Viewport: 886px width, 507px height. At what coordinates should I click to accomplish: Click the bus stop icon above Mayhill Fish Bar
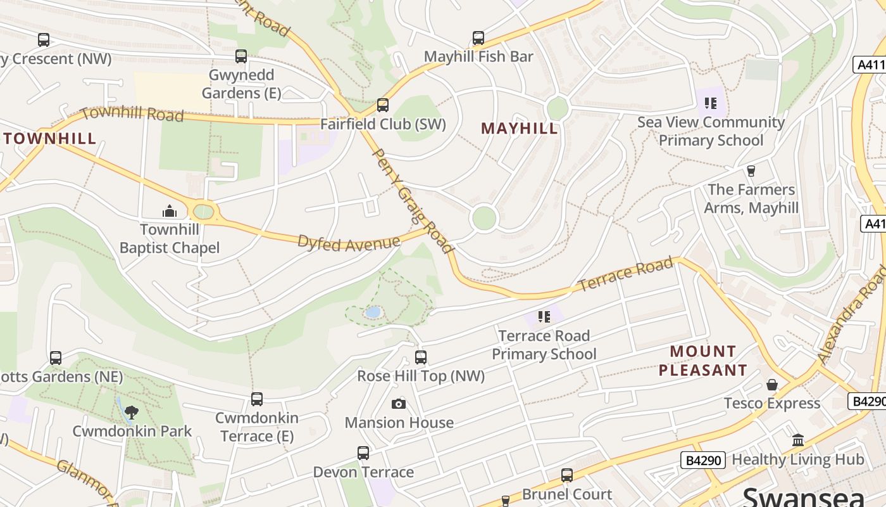(x=478, y=38)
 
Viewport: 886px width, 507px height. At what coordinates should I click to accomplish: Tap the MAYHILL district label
(x=520, y=129)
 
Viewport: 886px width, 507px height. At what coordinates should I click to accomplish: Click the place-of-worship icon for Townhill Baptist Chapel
(x=169, y=211)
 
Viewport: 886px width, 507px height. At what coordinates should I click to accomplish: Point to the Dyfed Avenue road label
(x=349, y=243)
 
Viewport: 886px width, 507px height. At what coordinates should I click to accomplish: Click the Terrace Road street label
(x=625, y=274)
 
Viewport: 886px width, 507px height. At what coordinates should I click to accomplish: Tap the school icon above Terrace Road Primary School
(x=544, y=316)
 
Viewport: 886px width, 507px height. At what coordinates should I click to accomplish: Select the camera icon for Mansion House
(x=399, y=404)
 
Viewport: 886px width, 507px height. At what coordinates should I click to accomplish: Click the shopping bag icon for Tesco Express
(x=772, y=385)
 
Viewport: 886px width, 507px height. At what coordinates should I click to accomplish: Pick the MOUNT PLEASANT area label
(x=703, y=361)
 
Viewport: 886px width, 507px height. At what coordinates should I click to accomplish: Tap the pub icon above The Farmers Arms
(x=751, y=171)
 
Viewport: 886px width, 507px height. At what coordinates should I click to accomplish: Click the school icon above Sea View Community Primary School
(x=711, y=103)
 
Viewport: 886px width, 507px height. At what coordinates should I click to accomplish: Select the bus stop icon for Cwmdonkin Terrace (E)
(x=256, y=399)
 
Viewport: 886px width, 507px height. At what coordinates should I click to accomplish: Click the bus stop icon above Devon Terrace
(x=363, y=453)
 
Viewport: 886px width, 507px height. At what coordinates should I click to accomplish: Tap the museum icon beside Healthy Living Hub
(x=798, y=440)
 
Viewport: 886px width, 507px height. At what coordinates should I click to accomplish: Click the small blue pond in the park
(x=373, y=312)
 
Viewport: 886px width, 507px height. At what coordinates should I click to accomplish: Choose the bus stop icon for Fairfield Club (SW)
(x=383, y=105)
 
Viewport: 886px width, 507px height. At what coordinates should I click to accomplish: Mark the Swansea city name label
(x=804, y=496)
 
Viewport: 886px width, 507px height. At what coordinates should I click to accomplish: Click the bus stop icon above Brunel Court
(x=567, y=475)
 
